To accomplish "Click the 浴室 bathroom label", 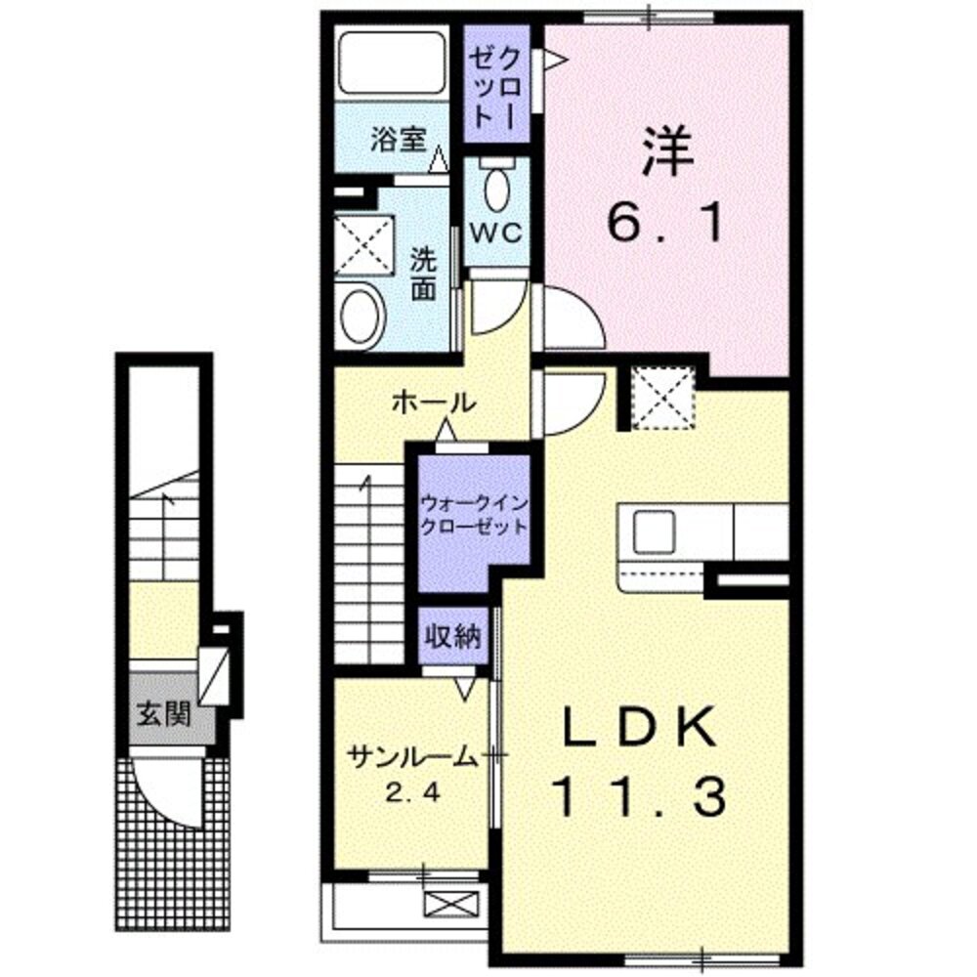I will (398, 139).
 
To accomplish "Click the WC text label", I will (497, 234).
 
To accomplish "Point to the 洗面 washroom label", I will (424, 276).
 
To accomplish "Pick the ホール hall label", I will (434, 401).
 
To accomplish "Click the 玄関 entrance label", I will (162, 714).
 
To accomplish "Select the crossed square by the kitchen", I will (661, 398).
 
